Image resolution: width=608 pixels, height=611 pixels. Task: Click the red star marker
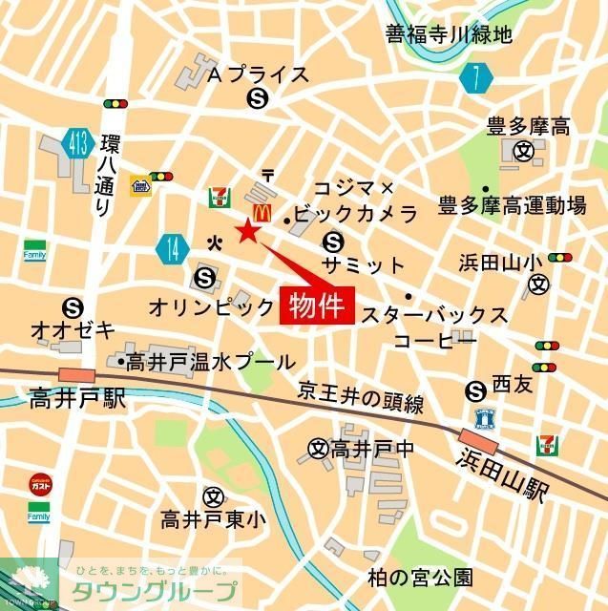248,231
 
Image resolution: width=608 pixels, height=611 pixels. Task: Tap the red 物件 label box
317,305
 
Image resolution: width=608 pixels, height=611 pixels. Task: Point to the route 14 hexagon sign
172,250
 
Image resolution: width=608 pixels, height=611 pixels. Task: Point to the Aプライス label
258,74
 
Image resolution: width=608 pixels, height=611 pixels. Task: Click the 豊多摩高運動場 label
512,204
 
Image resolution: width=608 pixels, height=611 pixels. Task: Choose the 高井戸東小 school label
213,520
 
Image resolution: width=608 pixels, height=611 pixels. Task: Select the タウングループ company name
155,590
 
